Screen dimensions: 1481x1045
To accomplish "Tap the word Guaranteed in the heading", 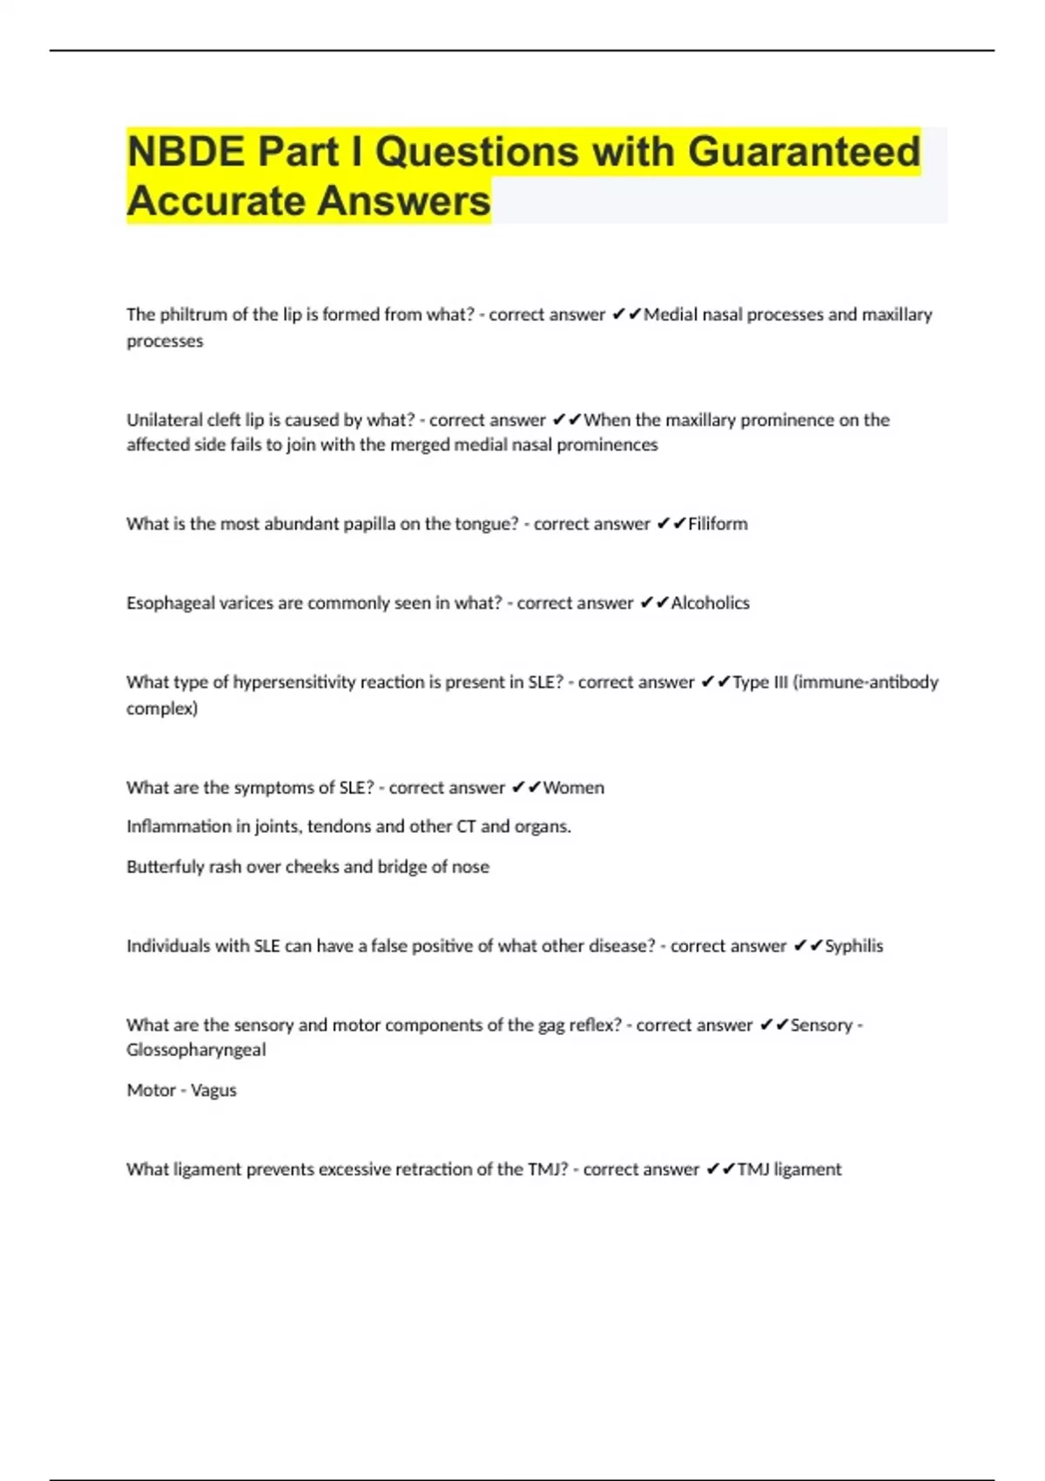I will click(804, 152).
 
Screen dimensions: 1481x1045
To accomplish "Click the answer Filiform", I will click(718, 524).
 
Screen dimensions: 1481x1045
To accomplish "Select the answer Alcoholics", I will click(710, 603).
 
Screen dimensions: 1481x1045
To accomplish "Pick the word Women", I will click(573, 788).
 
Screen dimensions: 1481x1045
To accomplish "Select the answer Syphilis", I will click(853, 946).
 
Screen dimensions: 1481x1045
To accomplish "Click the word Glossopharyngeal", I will click(196, 1050).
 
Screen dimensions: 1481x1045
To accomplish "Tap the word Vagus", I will click(213, 1091).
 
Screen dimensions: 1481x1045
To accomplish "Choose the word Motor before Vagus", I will click(151, 1091).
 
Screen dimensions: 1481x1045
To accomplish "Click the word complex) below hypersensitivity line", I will click(162, 708).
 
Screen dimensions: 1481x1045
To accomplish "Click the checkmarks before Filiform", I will click(671, 524).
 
